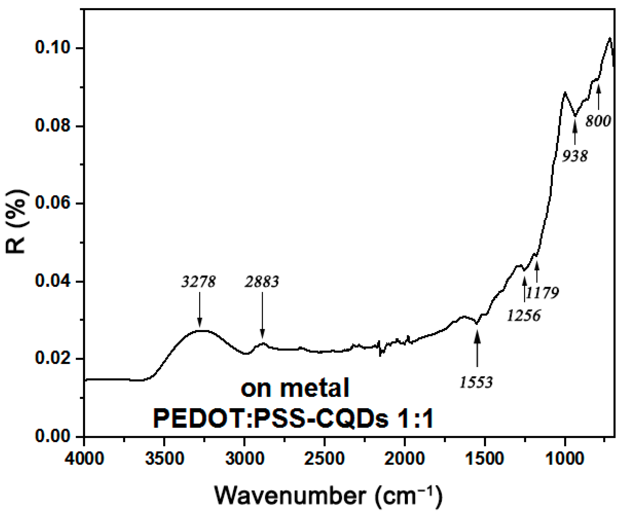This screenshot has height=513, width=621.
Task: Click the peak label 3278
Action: pos(198,282)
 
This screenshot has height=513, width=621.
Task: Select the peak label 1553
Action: pos(476,382)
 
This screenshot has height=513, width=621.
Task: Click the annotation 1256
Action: pos(524,316)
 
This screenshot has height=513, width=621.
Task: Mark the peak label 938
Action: pos(575,156)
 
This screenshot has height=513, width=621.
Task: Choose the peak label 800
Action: pos(598,121)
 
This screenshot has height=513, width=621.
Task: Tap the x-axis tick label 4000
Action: pos(84,459)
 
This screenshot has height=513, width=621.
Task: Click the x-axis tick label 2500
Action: pos(324,459)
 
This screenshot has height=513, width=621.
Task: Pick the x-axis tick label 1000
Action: pos(565,459)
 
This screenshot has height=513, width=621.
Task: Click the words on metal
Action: pos(295,389)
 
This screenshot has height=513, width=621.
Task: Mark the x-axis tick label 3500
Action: pos(165,459)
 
